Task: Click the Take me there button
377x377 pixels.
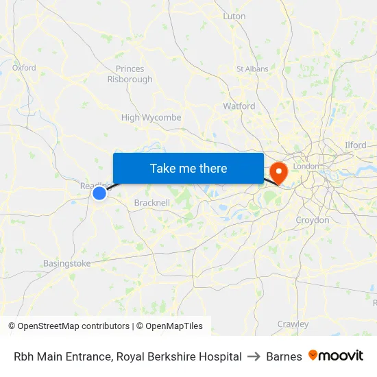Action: pos(188,168)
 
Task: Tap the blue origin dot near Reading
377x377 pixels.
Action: pos(99,193)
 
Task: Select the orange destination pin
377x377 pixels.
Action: pos(279,171)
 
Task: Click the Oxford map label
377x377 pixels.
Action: pos(24,68)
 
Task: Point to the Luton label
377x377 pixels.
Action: pos(234,16)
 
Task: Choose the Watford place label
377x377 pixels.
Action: pos(239,106)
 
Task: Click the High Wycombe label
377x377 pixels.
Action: pos(151,117)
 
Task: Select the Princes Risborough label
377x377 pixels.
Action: pos(130,74)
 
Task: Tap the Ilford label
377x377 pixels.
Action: pos(355,145)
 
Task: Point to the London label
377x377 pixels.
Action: pos(306,167)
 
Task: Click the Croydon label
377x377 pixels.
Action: pos(312,220)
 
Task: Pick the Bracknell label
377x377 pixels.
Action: pos(151,203)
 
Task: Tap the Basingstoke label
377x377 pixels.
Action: pos(66,263)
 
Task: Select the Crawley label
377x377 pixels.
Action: pos(293,324)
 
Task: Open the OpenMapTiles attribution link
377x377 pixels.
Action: pos(172,326)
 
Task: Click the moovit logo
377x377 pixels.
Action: pos(335,356)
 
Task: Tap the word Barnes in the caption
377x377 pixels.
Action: pos(284,356)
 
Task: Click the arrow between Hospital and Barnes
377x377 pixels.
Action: pos(254,356)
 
